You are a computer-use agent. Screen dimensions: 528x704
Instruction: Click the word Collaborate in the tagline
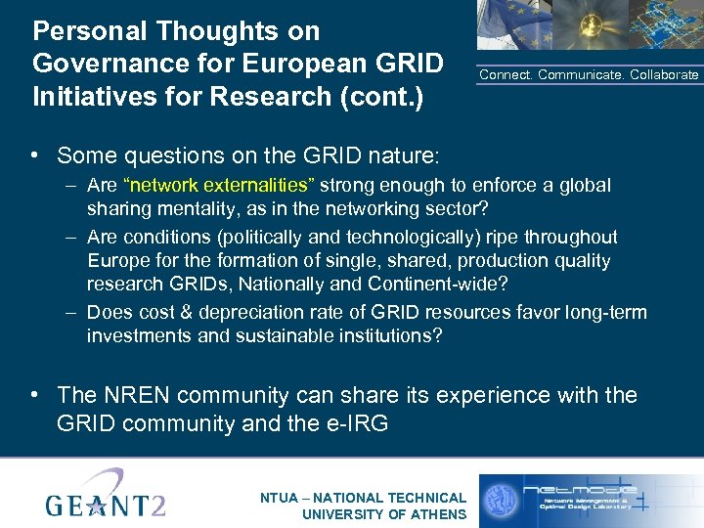tap(665, 75)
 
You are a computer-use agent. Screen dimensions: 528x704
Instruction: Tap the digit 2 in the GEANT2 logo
tap(154, 506)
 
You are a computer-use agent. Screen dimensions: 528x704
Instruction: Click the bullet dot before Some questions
tap(34, 155)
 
